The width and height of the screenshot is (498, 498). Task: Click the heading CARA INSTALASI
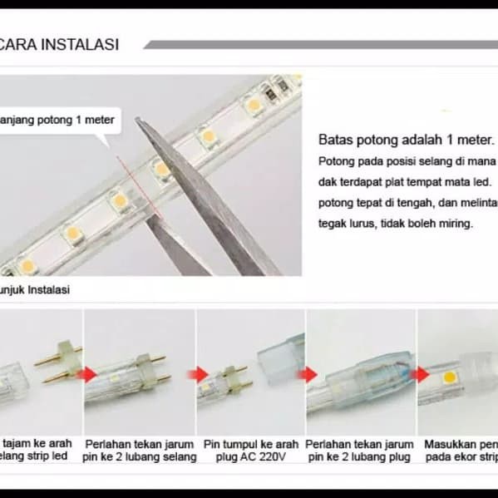pyautogui.click(x=59, y=44)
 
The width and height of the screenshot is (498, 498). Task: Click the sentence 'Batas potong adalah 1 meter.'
pyautogui.click(x=406, y=139)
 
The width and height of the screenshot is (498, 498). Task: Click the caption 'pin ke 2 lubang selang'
pyautogui.click(x=139, y=457)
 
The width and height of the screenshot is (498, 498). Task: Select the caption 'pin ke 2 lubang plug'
pyautogui.click(x=360, y=457)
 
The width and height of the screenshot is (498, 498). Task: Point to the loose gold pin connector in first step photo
pyautogui.click(x=57, y=364)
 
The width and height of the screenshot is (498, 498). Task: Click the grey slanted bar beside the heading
pyautogui.click(x=320, y=44)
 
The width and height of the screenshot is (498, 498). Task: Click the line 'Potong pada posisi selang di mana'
pyautogui.click(x=406, y=160)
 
